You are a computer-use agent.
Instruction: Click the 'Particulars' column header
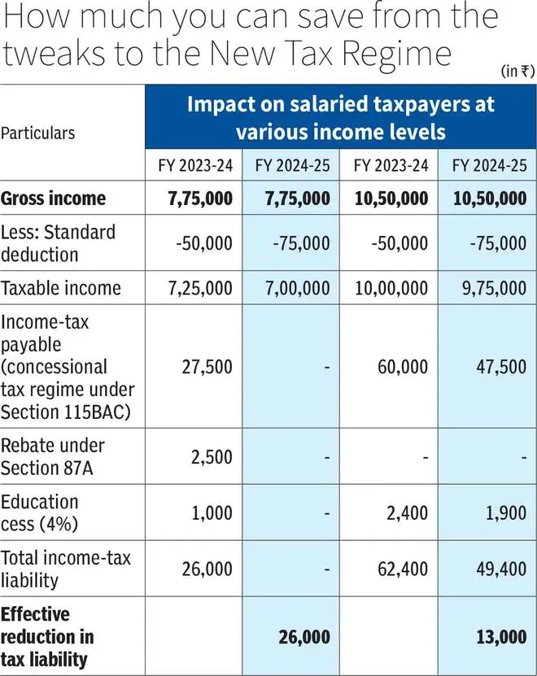click(x=38, y=133)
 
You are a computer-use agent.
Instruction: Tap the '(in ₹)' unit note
click(x=518, y=71)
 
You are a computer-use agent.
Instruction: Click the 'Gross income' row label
click(x=53, y=198)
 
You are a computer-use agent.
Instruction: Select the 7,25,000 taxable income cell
click(x=200, y=289)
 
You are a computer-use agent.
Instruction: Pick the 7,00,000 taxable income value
click(x=298, y=289)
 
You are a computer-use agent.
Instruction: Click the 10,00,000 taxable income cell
click(x=391, y=289)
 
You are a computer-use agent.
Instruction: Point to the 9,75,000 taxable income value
click(x=495, y=289)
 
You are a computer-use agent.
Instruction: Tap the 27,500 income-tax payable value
click(x=207, y=367)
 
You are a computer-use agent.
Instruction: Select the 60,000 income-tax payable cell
click(x=403, y=367)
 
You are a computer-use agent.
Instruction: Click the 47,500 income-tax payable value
click(x=501, y=367)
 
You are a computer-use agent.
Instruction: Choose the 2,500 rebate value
click(x=212, y=457)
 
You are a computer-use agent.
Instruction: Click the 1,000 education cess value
click(x=212, y=513)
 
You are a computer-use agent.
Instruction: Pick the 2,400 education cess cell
click(x=407, y=513)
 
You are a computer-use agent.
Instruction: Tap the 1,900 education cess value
click(x=506, y=513)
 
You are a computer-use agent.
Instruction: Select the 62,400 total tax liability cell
click(x=403, y=569)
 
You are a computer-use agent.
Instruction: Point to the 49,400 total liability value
click(x=501, y=569)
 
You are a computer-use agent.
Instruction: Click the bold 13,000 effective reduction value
click(x=501, y=637)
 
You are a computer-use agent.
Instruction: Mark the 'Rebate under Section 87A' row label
click(x=53, y=457)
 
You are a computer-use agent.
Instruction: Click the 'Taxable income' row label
click(x=61, y=289)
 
